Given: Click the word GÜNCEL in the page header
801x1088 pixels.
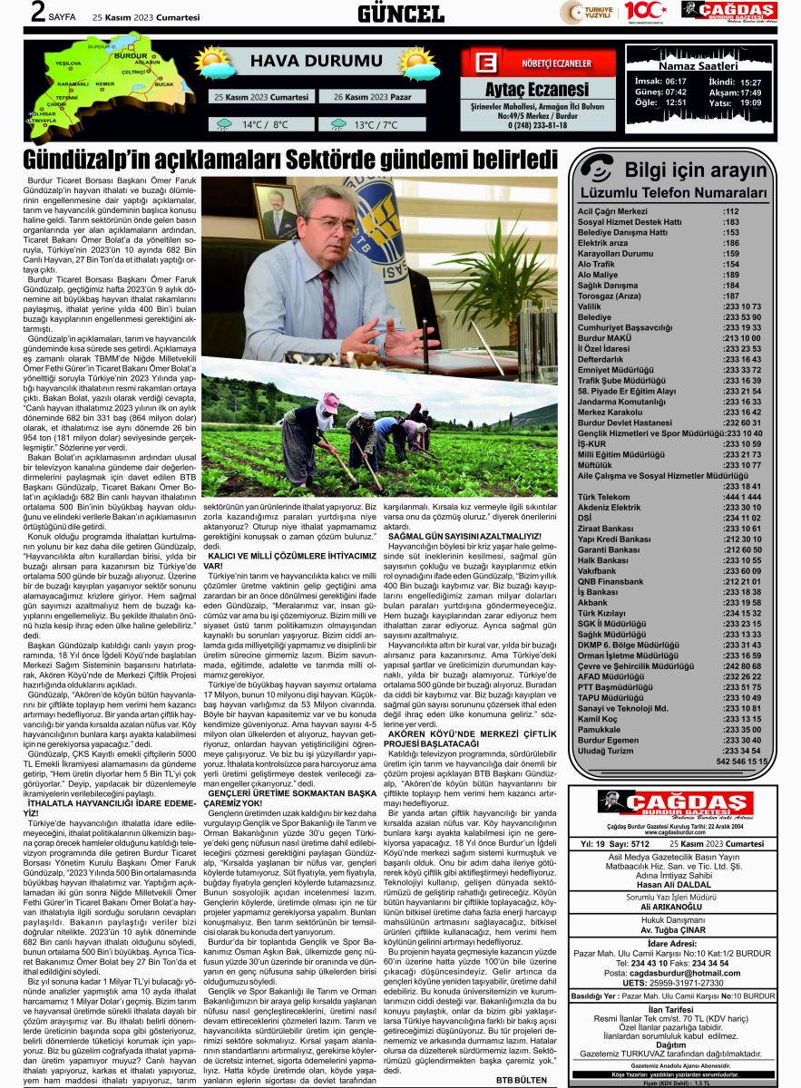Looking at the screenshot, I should pyautogui.click(x=400, y=13).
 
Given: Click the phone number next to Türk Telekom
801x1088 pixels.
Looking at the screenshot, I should pyautogui.click(x=742, y=498).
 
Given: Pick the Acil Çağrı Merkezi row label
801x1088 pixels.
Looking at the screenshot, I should pyautogui.click(x=612, y=211).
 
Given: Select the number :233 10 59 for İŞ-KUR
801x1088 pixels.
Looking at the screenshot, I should pyautogui.click(x=742, y=443).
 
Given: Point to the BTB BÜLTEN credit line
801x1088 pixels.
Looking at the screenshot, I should pyautogui.click(x=522, y=1079).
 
